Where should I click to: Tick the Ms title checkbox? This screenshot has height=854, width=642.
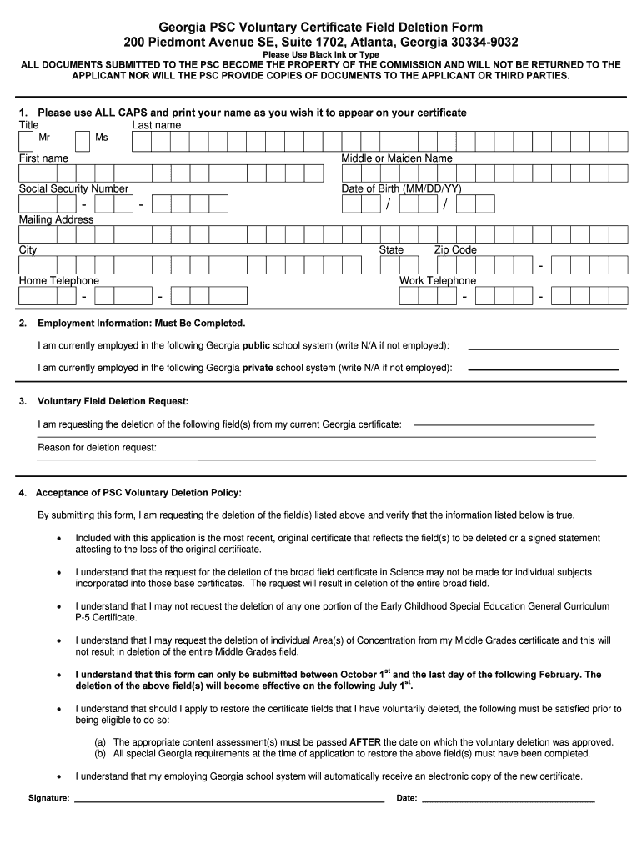click(x=83, y=142)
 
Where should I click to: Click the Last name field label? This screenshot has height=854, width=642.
click(x=156, y=125)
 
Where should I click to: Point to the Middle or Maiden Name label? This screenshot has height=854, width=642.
click(x=396, y=158)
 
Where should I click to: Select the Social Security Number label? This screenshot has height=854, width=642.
click(x=73, y=188)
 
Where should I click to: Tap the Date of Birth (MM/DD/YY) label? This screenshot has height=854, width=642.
click(x=401, y=188)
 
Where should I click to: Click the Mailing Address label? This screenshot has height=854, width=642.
click(x=56, y=219)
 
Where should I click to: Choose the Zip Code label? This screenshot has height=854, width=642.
click(x=455, y=249)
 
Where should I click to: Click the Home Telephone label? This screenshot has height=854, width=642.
click(x=58, y=280)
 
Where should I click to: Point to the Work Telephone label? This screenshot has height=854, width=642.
click(x=437, y=280)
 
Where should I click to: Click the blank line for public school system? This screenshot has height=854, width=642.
click(x=544, y=348)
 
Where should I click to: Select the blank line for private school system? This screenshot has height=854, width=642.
click(x=544, y=368)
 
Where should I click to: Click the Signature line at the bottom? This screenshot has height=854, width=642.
click(x=229, y=801)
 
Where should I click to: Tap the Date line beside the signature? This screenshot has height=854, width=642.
click(x=509, y=801)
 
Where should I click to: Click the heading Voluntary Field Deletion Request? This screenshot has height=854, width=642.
click(x=113, y=401)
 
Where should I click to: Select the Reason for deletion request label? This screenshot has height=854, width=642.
click(x=97, y=448)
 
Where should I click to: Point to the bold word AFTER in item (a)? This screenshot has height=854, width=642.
click(x=365, y=741)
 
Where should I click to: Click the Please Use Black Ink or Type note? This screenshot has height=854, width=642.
click(x=320, y=54)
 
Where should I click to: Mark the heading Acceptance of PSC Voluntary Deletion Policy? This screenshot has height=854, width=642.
click(x=138, y=492)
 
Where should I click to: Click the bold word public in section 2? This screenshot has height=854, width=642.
click(x=256, y=345)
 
